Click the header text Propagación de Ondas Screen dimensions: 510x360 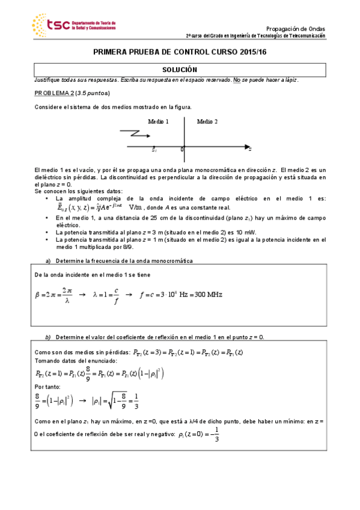click(295, 28)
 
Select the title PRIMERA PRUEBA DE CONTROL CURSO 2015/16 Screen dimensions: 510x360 click(180, 52)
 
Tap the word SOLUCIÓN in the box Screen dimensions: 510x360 click(180, 70)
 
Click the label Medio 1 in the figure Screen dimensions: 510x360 click(158, 121)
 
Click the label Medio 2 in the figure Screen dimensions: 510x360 click(207, 121)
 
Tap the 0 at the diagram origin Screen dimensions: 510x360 click(182, 149)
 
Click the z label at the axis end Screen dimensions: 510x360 click(249, 148)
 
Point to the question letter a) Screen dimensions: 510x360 click(49, 260)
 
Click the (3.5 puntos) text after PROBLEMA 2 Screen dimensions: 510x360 click(94, 93)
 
